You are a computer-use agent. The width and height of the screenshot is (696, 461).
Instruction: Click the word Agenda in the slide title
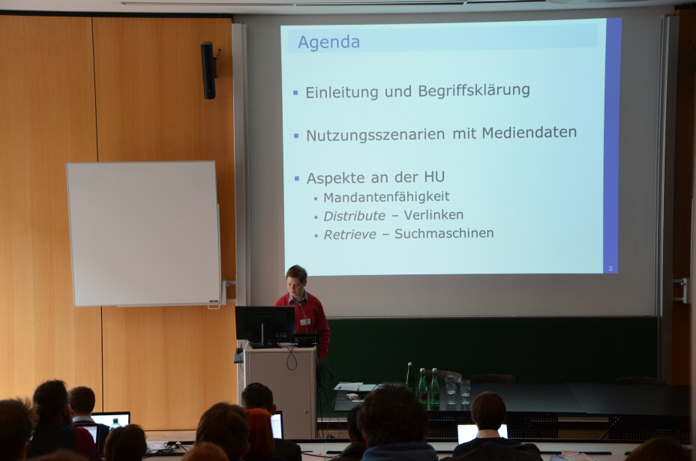pos(328,43)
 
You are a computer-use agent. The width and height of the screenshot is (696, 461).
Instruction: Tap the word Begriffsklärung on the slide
pos(473,90)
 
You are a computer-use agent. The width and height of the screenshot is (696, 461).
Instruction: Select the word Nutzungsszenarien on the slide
pos(376,136)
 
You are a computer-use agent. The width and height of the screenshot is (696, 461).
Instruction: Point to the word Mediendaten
pos(529,132)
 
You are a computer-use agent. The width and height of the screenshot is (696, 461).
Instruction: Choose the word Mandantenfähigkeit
pos(386,197)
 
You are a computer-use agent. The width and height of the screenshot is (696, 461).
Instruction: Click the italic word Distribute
pos(354,216)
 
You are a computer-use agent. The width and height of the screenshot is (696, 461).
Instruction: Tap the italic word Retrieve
pos(349,235)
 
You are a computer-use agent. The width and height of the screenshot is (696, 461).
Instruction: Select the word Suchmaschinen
pos(444,233)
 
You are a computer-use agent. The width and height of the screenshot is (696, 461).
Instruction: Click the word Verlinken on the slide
pos(433,214)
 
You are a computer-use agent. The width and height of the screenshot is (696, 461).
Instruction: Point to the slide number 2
pos(610,268)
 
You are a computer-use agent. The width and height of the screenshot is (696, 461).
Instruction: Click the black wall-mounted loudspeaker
pos(208,70)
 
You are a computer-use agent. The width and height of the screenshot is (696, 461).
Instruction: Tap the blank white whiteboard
pos(143,234)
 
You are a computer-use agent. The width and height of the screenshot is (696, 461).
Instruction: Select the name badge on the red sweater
pos(305,322)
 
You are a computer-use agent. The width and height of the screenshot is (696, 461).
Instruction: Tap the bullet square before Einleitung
pos(295,93)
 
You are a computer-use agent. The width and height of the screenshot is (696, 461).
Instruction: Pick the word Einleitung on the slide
pos(342,92)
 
